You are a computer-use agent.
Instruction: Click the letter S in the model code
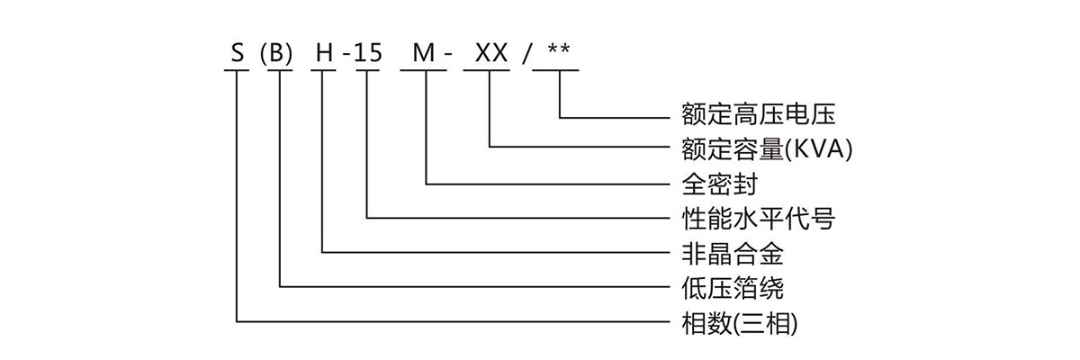click(238, 54)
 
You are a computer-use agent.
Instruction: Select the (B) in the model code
click(276, 54)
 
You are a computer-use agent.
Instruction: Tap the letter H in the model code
click(323, 54)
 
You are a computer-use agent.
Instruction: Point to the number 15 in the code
click(368, 54)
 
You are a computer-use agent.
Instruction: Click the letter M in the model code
click(422, 54)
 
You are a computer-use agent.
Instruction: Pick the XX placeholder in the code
click(490, 54)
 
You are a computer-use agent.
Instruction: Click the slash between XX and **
click(526, 54)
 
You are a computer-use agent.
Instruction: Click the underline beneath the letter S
click(237, 71)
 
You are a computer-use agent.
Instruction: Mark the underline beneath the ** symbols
click(555, 71)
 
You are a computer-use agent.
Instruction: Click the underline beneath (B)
click(278, 71)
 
